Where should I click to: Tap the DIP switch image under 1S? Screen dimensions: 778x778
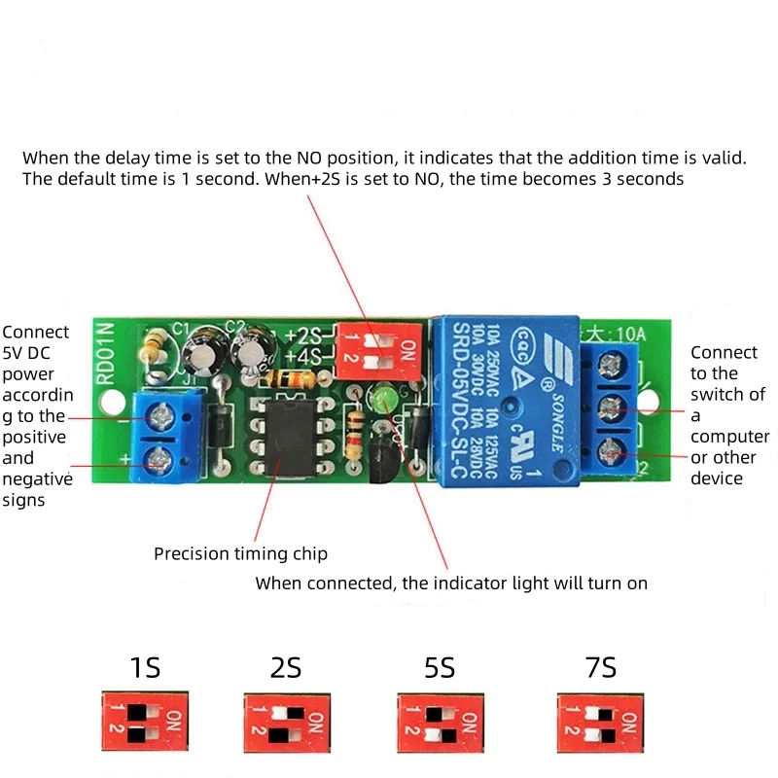[144, 721]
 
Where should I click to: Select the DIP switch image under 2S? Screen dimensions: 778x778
[285, 721]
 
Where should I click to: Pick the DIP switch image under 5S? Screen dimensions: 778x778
[440, 721]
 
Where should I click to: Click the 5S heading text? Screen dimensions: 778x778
[440, 668]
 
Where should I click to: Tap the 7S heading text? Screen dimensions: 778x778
[601, 668]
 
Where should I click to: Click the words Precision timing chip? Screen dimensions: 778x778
[240, 554]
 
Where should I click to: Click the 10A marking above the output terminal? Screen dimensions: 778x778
[628, 334]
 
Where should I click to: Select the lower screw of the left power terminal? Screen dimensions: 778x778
[156, 464]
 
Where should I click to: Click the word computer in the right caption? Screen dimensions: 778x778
[729, 437]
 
